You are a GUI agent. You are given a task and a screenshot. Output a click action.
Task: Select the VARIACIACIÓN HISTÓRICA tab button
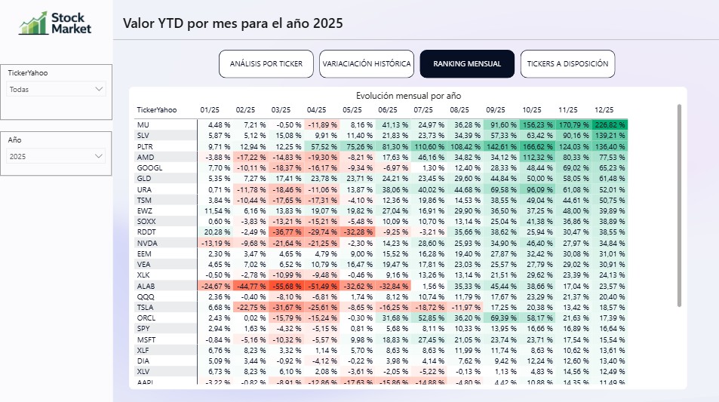(367, 64)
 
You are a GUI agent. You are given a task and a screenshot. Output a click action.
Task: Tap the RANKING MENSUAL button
(467, 64)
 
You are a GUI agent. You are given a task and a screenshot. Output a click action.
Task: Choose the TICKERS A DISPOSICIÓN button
(567, 64)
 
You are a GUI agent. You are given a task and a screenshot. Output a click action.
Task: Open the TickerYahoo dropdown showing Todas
(57, 89)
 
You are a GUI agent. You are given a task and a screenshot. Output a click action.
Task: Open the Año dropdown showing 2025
(57, 156)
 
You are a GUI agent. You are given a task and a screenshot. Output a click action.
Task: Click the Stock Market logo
(55, 23)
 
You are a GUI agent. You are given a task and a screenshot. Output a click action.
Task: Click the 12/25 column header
(605, 110)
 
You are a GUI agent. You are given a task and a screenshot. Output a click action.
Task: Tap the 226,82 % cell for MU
(610, 124)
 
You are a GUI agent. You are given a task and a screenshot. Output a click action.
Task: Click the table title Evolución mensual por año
(408, 96)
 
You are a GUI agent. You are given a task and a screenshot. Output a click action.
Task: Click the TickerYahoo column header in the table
(157, 110)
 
